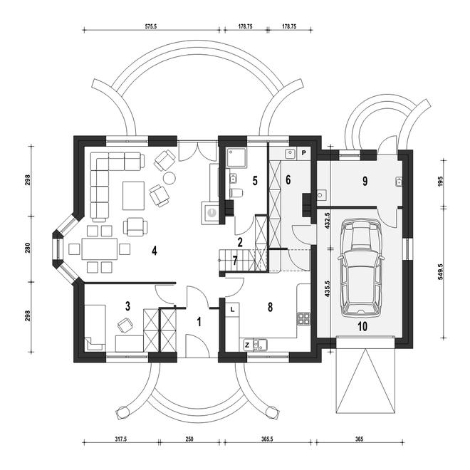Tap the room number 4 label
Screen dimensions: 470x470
155,251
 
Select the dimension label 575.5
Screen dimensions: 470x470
151,26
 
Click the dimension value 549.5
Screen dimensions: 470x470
440,272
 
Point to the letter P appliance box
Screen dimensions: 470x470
303,153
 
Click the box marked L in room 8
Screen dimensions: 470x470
233,310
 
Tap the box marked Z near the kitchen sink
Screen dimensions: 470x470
247,345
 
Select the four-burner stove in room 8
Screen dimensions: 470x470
303,319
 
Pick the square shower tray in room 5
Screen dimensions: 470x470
236,157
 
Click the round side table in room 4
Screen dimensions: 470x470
169,177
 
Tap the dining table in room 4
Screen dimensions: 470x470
99,249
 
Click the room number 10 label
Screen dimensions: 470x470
362,326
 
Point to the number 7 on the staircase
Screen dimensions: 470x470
235,261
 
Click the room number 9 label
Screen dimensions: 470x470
365,182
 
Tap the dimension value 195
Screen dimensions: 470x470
440,182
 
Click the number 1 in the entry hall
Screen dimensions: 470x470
199,322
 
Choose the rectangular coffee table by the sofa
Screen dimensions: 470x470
133,195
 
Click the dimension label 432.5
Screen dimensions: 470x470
327,221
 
